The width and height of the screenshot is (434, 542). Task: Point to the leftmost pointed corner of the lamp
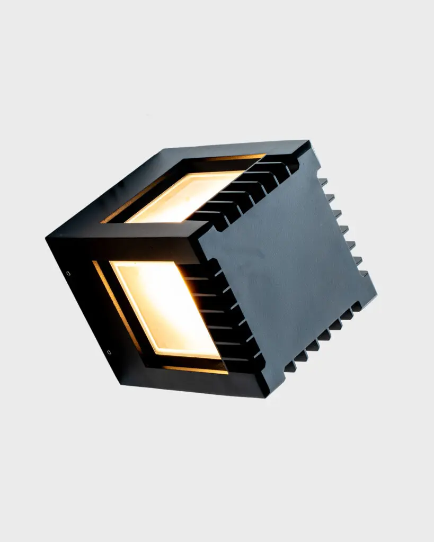pyautogui.click(x=47, y=238)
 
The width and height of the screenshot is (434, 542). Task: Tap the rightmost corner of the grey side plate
pyautogui.click(x=376, y=294)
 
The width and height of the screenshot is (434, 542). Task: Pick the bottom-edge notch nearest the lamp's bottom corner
pyautogui.click(x=289, y=367)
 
